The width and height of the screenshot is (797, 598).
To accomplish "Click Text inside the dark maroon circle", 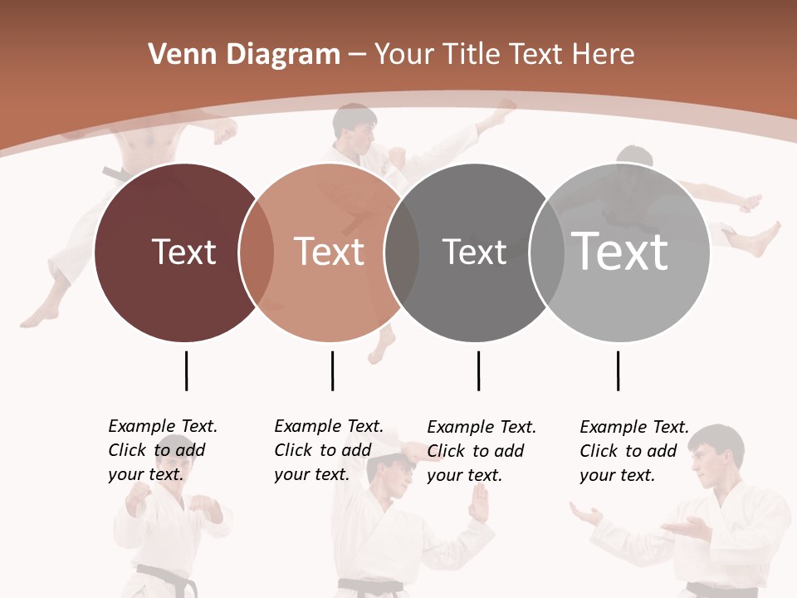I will pos(183,252).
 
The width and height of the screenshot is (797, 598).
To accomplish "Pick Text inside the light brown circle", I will pos(329,252).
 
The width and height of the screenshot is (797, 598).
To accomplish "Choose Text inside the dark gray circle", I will pos(474,252).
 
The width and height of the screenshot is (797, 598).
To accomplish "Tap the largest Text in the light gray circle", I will pos(619,252).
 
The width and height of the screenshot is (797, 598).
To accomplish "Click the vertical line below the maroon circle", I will pos(186,370).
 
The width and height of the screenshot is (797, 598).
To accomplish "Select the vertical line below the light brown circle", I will pos(332,370).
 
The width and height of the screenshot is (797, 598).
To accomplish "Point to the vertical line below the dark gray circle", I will pos(478,370).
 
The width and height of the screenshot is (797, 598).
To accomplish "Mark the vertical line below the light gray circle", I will pos(618,370).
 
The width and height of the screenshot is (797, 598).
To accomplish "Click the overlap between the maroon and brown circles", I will pos(257,252).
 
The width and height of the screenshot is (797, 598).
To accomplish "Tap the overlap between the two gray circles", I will pos(547,252).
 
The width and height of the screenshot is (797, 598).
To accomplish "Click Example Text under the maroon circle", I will pos(163,426).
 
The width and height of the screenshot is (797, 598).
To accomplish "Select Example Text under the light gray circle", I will pos(634,427).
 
